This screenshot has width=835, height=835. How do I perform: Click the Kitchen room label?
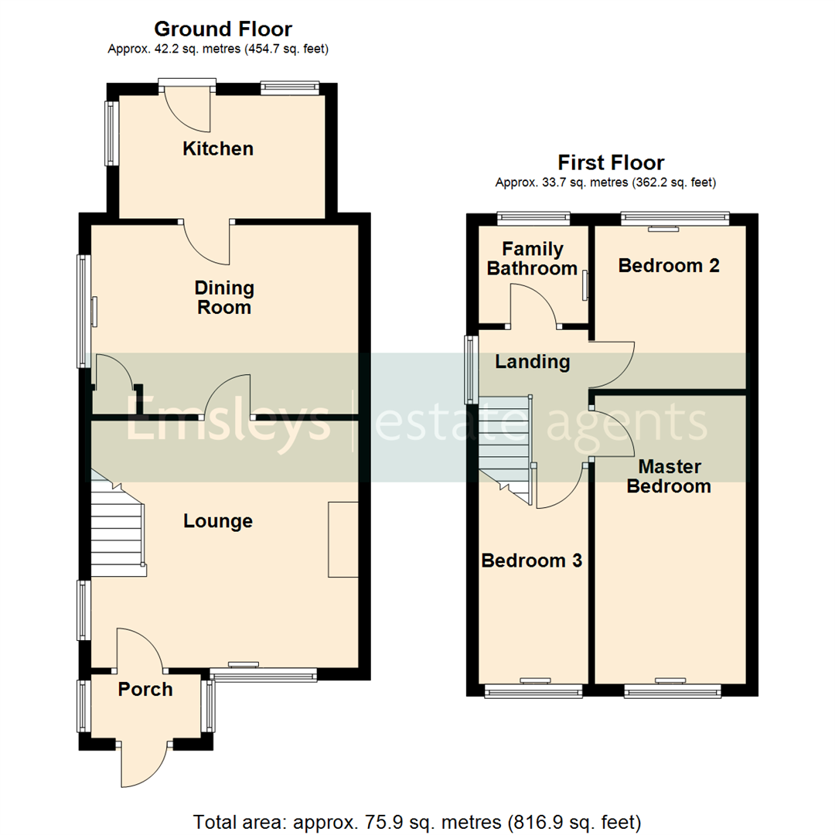pyautogui.click(x=217, y=148)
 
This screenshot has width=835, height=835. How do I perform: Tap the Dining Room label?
pyautogui.click(x=224, y=298)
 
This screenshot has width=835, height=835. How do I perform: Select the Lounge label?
pyautogui.click(x=218, y=521)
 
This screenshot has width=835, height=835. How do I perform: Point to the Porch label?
pyautogui.click(x=145, y=689)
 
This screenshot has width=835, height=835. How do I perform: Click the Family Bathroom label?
pyautogui.click(x=533, y=259)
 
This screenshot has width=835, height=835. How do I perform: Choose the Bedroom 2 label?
pyautogui.click(x=669, y=266)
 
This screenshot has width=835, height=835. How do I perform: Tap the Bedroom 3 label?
pyautogui.click(x=531, y=561)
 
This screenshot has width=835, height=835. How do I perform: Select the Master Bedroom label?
pyautogui.click(x=669, y=476)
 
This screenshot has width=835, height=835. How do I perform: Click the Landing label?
pyautogui.click(x=532, y=361)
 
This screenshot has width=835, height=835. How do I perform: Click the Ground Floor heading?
pyautogui.click(x=223, y=29)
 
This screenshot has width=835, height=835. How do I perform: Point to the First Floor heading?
pyautogui.click(x=611, y=163)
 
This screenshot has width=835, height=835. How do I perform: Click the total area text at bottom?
pyautogui.click(x=417, y=820)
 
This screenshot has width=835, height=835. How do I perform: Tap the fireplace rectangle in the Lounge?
pyautogui.click(x=343, y=539)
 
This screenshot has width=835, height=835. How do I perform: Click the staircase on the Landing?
pyautogui.click(x=505, y=448)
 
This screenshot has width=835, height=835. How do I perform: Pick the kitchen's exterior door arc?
pyautogui.click(x=188, y=111)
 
